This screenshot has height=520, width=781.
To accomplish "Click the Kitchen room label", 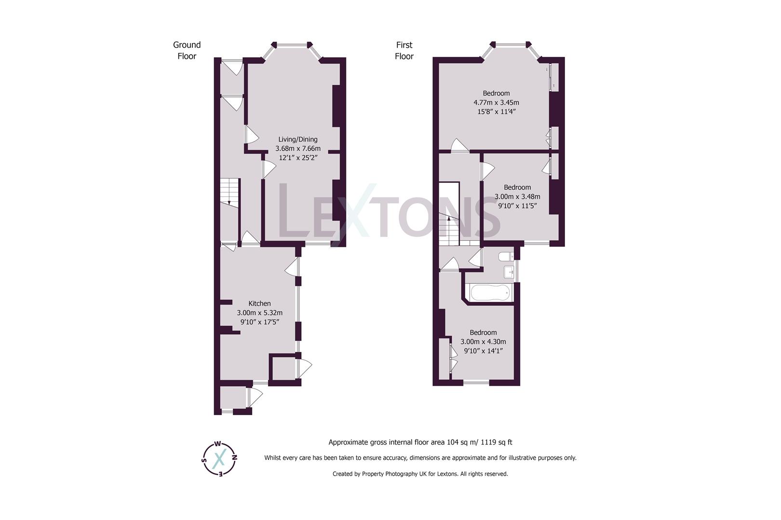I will pyautogui.click(x=259, y=303).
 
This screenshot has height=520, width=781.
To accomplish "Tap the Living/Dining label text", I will pyautogui.click(x=297, y=139).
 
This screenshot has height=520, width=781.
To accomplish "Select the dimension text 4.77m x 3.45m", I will pyautogui.click(x=496, y=103).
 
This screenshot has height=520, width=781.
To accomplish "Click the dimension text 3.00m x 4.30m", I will pyautogui.click(x=483, y=342).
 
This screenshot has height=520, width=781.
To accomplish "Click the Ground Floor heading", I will pyautogui.click(x=187, y=51).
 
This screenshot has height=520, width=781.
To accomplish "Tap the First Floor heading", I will pyautogui.click(x=404, y=51).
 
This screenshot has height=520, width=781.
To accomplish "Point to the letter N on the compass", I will pyautogui.click(x=234, y=457).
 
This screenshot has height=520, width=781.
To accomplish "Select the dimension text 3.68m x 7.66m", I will pyautogui.click(x=297, y=149).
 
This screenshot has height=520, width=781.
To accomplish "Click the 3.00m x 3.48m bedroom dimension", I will pyautogui.click(x=517, y=196).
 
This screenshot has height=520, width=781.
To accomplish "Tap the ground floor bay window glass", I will pyautogui.click(x=292, y=46).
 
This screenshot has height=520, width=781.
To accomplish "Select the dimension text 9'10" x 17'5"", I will pyautogui.click(x=259, y=322).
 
